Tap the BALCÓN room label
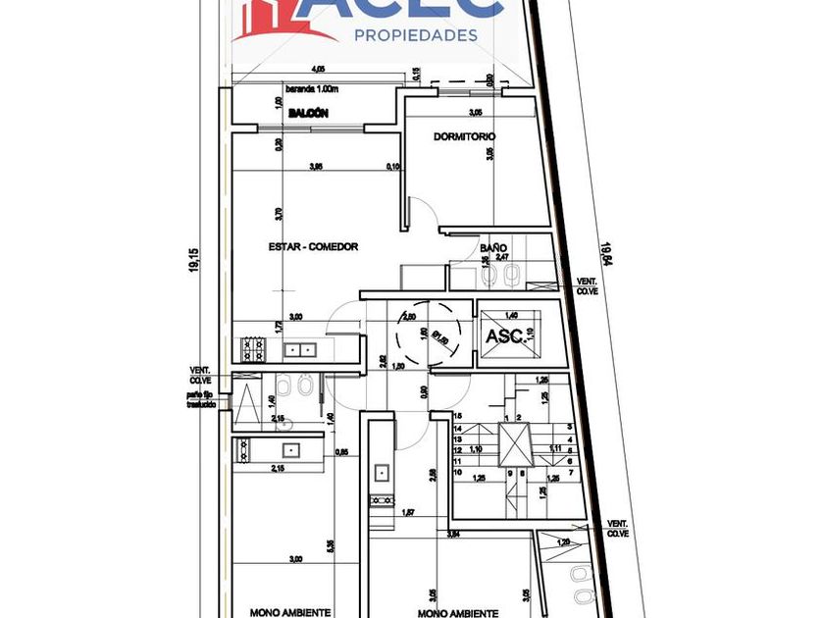307,115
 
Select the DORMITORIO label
464,136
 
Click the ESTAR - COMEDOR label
313,247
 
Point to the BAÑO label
492,248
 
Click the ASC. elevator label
502,335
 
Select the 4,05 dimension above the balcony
317,70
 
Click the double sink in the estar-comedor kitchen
300,349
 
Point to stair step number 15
458,417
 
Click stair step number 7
570,471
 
